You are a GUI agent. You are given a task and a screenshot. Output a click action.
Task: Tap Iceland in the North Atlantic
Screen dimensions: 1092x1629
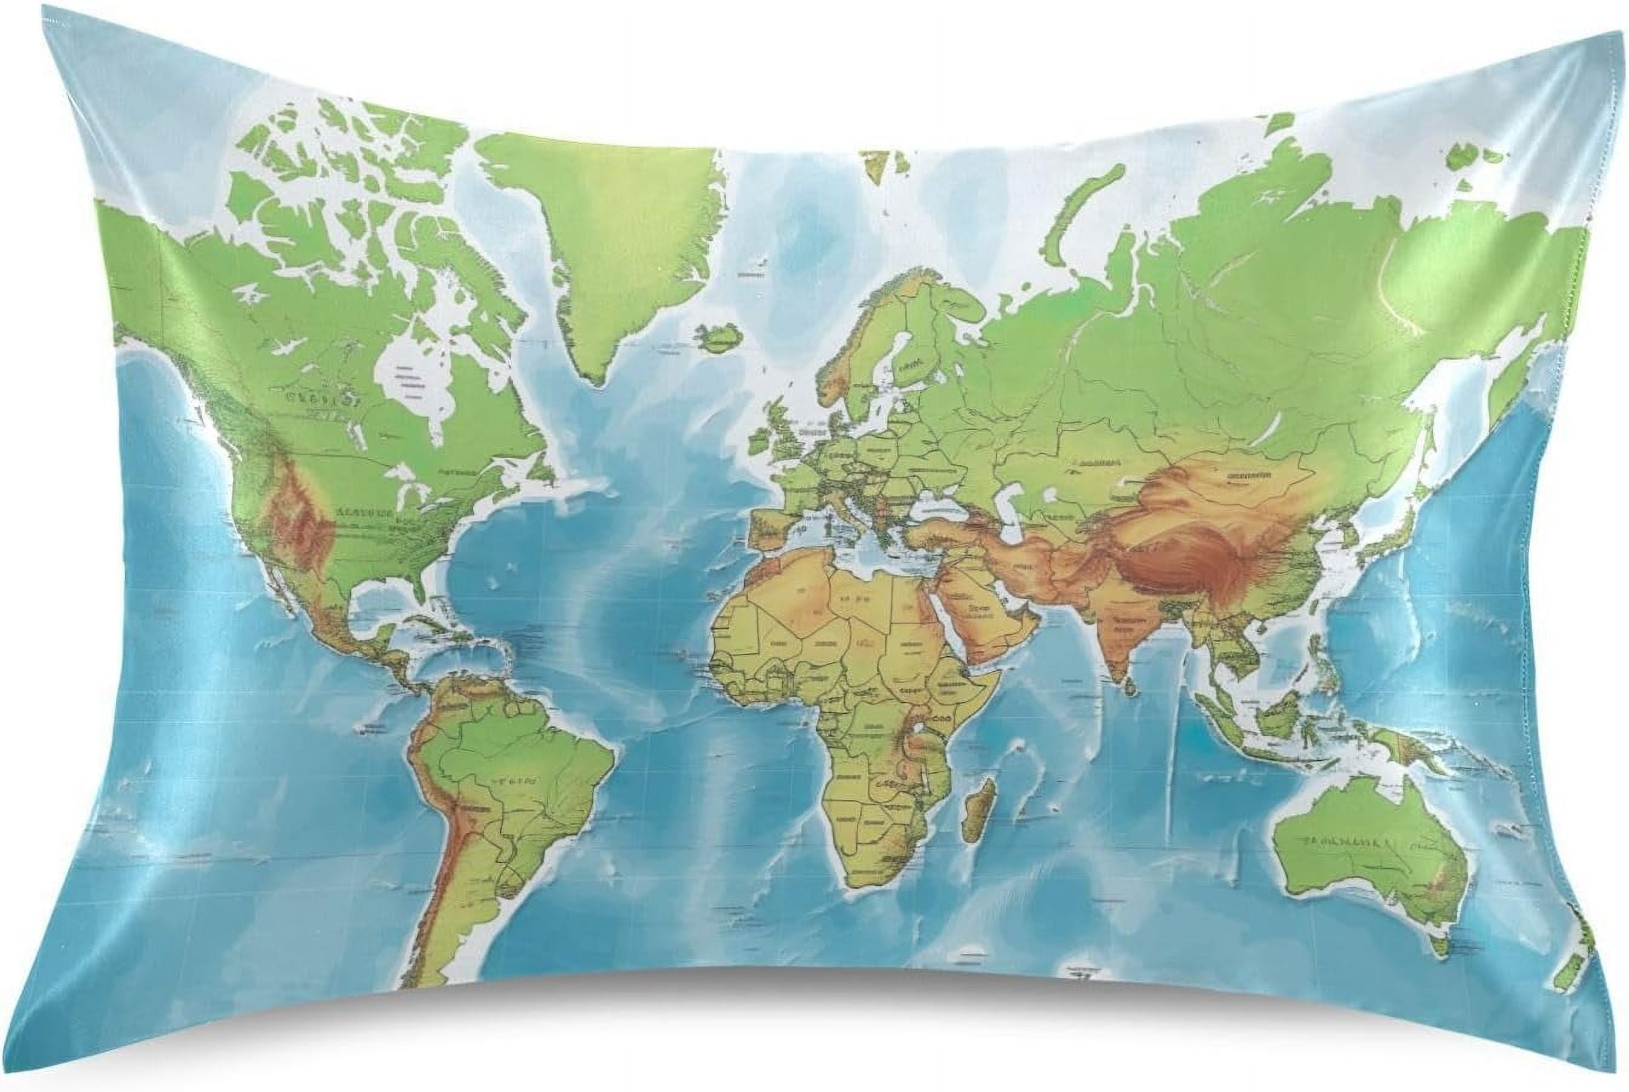point(718,338)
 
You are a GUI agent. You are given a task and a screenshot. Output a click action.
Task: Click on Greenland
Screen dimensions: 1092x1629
point(612,230)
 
